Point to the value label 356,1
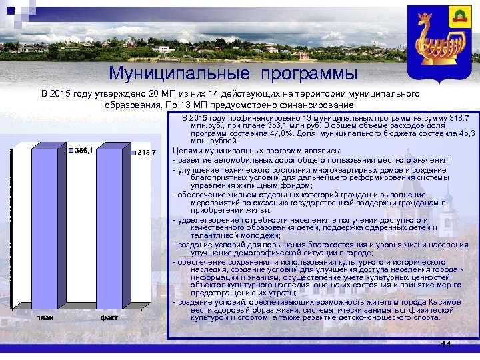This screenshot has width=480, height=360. (x=83, y=150)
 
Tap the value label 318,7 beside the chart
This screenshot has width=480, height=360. (x=146, y=154)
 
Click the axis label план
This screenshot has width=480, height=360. (x=45, y=317)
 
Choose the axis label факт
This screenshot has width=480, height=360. (x=109, y=317)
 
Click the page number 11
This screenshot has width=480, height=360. (x=446, y=344)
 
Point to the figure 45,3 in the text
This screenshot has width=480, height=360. (x=463, y=133)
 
